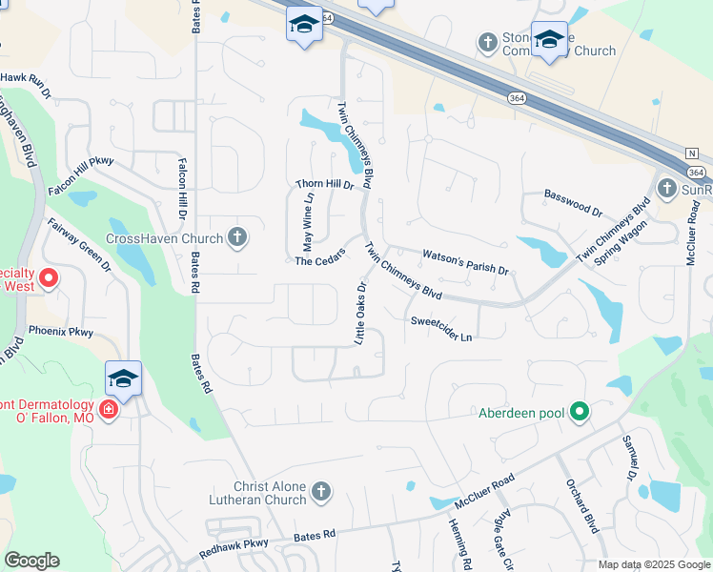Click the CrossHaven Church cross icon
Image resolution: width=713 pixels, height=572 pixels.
click(237, 238)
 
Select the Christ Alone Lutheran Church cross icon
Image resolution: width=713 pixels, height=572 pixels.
click(321, 492)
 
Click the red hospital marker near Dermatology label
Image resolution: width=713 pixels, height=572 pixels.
click(109, 409)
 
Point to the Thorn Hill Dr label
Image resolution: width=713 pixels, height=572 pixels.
click(325, 185)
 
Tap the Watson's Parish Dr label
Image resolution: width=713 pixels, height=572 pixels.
click(465, 260)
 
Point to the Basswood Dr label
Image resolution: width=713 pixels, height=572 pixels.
click(573, 201)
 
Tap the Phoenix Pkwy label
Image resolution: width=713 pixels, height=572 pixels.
click(61, 332)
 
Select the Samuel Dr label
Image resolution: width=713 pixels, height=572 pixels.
click(629, 459)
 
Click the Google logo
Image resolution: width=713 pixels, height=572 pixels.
click(31, 561)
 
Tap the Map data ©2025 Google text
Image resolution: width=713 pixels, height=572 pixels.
click(655, 564)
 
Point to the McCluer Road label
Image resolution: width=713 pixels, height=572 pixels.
click(484, 489)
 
